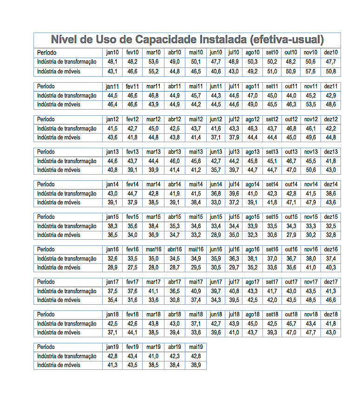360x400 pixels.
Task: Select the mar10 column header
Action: click(x=153, y=52)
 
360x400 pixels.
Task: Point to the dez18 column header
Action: click(x=331, y=315)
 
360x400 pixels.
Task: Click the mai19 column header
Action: click(x=196, y=347)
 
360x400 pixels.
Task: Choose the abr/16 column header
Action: click(x=175, y=249)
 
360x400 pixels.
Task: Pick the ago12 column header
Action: click(x=253, y=119)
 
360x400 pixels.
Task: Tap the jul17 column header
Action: click(x=234, y=282)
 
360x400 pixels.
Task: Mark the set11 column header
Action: click(x=272, y=86)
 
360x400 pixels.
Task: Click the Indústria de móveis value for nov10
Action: click(x=311, y=72)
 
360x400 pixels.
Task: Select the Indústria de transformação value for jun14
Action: click(x=216, y=193)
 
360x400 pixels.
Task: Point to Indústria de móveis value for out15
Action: click(x=291, y=235)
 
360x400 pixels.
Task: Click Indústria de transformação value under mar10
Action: click(x=153, y=62)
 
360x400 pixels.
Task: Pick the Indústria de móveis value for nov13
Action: click(x=311, y=170)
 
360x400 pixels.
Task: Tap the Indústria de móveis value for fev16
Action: click(x=132, y=268)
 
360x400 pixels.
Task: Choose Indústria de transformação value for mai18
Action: click(x=196, y=323)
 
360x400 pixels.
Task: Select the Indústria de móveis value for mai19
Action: click(x=196, y=365)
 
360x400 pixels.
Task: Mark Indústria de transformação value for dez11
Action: click(x=331, y=96)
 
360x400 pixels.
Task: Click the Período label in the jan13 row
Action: click(x=46, y=152)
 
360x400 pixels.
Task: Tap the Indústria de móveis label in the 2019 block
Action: click(x=59, y=365)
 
